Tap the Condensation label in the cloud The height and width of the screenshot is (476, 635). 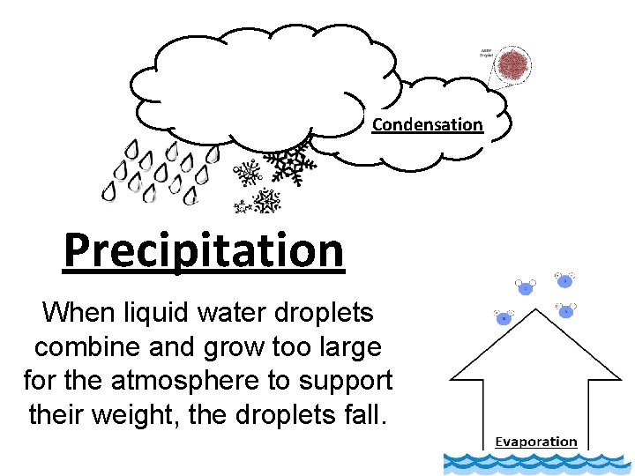(428, 124)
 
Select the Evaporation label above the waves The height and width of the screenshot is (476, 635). (535, 442)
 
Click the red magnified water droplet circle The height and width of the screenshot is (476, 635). (514, 64)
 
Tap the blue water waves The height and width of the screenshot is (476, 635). (538, 464)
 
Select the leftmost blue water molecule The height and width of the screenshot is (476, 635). (504, 317)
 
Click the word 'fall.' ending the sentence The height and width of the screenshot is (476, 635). (365, 414)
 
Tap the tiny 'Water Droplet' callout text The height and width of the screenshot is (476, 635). (486, 52)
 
